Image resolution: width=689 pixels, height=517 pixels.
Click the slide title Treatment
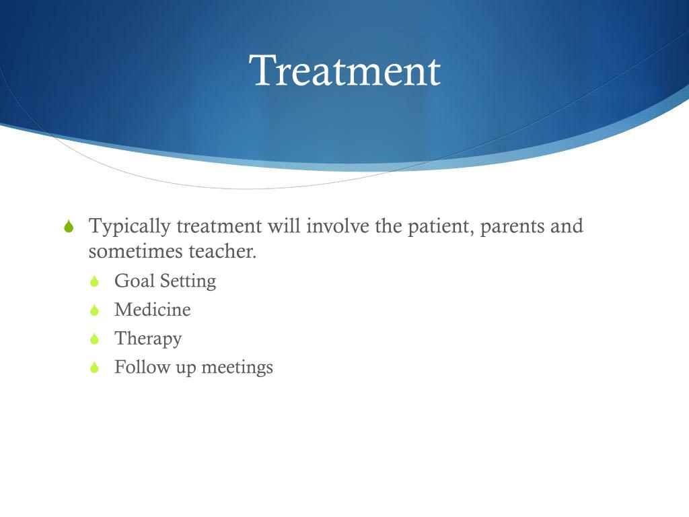coord(344,70)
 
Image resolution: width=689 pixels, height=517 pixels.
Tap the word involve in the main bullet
coord(338,226)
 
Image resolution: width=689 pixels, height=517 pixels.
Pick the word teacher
coord(222,252)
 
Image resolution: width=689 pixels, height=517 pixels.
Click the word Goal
coord(135,281)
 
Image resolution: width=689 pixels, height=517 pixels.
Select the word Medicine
coord(153,310)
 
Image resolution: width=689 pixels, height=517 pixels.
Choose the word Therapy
coord(148,339)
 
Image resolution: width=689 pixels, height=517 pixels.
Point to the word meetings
coord(238,368)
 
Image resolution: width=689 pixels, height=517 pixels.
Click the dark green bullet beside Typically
coord(69,226)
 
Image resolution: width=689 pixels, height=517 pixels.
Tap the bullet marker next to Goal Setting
coord(94,281)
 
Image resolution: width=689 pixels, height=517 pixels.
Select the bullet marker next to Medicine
coord(94,310)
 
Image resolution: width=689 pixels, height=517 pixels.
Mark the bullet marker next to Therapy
coord(94,339)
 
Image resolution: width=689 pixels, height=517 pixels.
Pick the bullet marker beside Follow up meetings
coord(94,367)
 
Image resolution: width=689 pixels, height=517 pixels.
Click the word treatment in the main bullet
coord(219,226)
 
